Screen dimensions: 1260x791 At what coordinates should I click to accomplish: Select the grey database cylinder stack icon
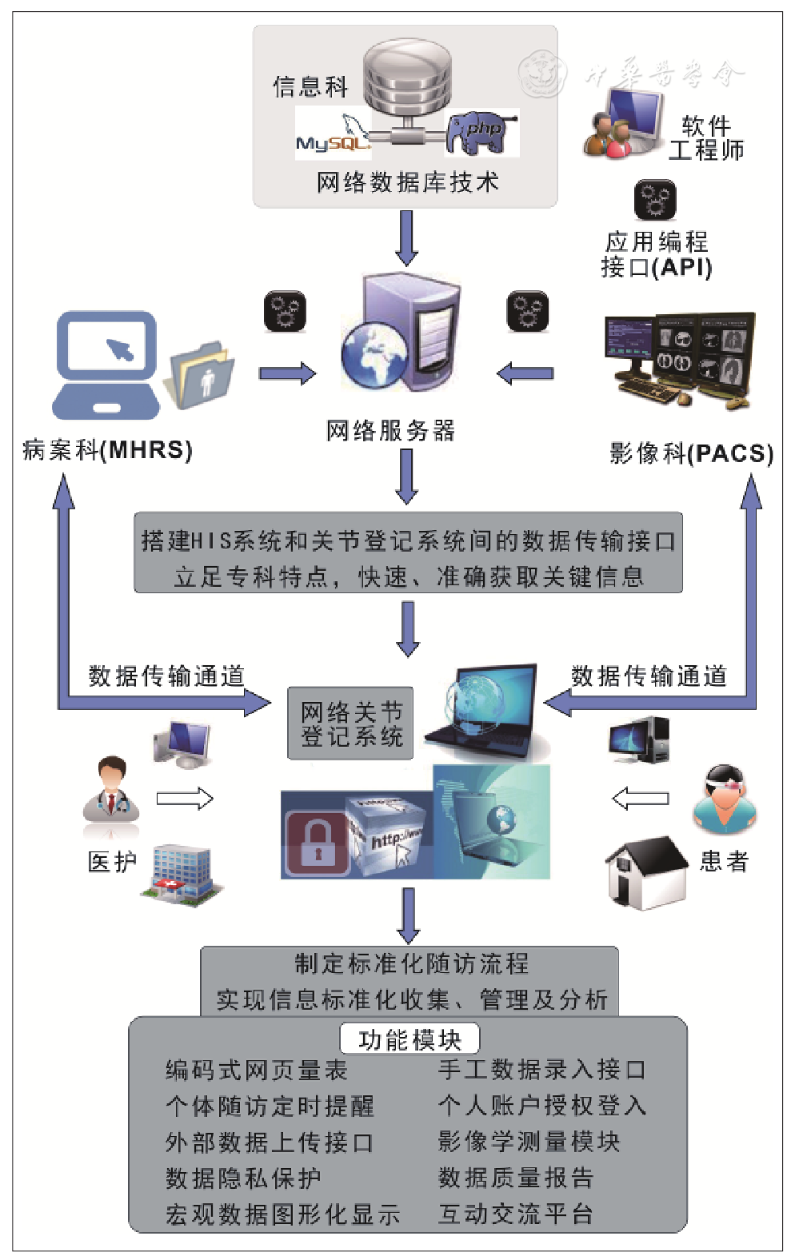tap(407, 78)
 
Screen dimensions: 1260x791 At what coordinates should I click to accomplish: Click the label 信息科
tap(310, 86)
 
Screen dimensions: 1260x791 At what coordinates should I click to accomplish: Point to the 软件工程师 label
tap(706, 138)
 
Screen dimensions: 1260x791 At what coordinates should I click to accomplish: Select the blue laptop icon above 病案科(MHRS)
tap(106, 364)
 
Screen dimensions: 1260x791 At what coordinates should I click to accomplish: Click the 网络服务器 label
tap(390, 431)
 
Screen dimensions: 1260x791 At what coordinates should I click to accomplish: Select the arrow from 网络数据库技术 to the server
tap(407, 237)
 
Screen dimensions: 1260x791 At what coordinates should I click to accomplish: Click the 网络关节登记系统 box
tap(350, 724)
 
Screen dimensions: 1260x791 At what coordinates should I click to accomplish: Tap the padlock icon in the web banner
tap(318, 843)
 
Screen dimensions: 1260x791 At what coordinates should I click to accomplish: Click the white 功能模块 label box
tap(409, 1039)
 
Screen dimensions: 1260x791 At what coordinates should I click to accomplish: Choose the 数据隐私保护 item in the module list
tap(243, 1178)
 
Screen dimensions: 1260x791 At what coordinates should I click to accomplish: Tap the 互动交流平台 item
tap(516, 1214)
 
